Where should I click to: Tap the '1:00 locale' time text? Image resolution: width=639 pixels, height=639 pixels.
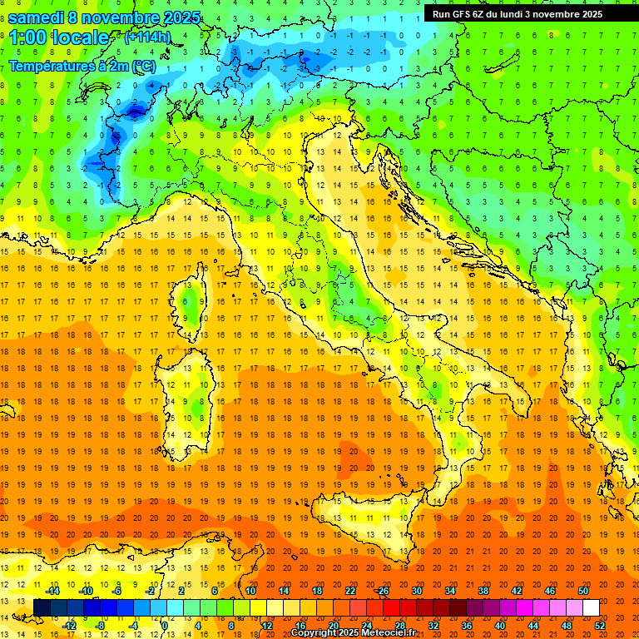[x=58, y=37]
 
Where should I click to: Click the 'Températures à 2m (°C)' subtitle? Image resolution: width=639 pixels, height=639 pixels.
[x=82, y=65]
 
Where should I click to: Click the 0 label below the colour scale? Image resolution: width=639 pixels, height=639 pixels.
[x=164, y=626]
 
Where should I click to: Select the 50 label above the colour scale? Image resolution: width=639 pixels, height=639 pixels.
[x=583, y=591]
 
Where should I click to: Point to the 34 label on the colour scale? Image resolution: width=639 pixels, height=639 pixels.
[x=450, y=591]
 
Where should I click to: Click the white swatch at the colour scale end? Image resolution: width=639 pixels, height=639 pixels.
[x=592, y=608]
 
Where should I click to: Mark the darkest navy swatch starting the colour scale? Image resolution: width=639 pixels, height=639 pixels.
[x=42, y=608]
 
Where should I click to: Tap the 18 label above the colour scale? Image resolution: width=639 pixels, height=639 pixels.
[x=317, y=591]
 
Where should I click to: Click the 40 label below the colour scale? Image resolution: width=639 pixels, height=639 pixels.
[x=500, y=626]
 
